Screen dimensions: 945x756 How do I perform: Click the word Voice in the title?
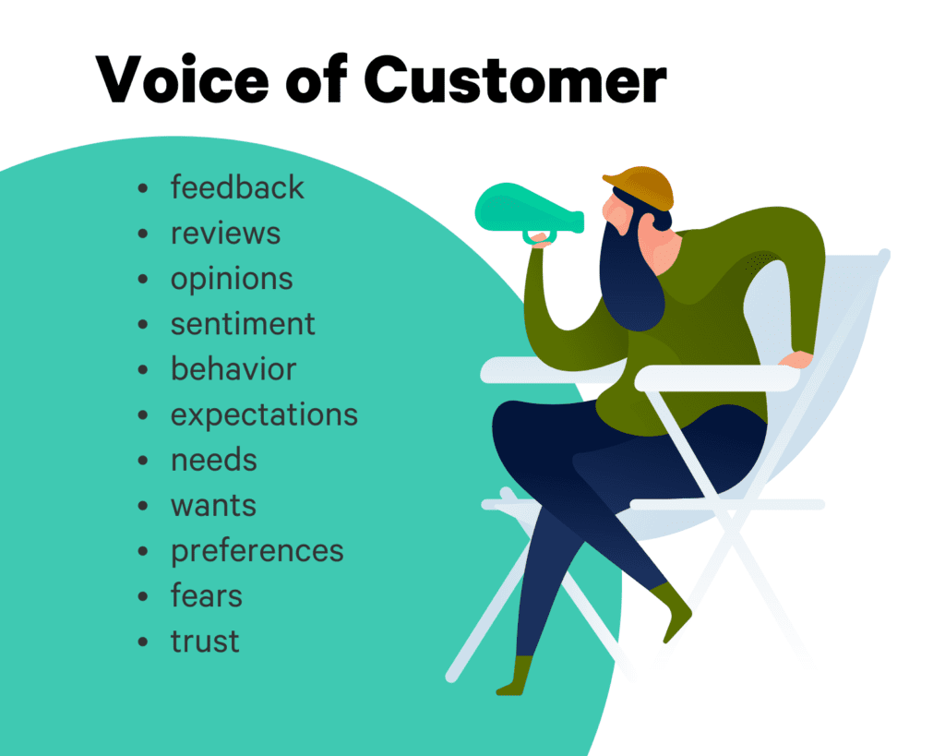tap(182, 79)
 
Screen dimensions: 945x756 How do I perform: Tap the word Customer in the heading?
tap(515, 79)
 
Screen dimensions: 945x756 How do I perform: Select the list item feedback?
tap(237, 186)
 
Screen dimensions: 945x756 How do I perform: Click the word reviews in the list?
tap(225, 234)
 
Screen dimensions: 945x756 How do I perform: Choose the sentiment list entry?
tap(243, 324)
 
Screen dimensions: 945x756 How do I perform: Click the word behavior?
tap(233, 368)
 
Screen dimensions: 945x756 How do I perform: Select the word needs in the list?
tap(214, 460)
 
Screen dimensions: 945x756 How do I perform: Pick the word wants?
tap(213, 506)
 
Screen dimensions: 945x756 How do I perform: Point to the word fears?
tap(206, 595)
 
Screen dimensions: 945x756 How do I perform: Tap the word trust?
tap(205, 642)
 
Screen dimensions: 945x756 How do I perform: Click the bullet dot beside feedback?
tap(143, 188)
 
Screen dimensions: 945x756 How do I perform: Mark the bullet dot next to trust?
tap(143, 642)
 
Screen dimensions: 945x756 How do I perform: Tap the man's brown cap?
tap(640, 186)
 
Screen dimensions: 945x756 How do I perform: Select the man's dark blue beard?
tap(629, 274)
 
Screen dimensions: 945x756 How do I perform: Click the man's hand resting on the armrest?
tap(796, 360)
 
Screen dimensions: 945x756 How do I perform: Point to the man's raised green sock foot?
tap(674, 610)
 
